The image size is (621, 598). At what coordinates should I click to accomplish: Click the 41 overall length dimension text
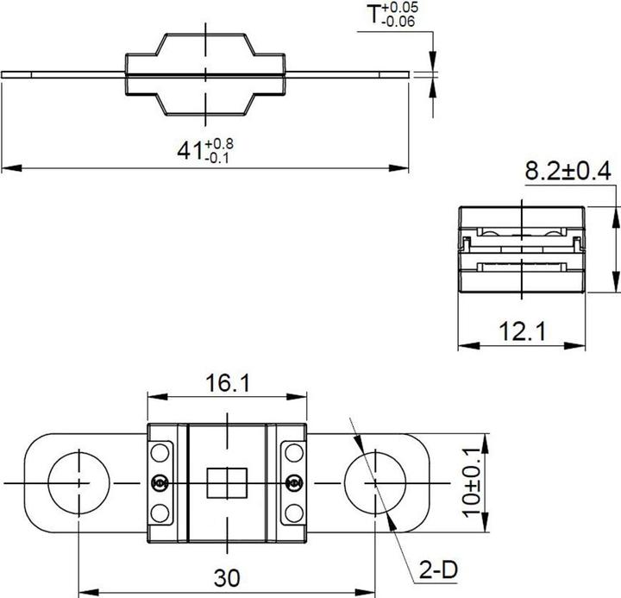[x=204, y=148]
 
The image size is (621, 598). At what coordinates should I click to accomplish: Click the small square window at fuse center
[x=227, y=482]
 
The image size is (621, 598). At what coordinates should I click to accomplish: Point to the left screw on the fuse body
[x=160, y=482]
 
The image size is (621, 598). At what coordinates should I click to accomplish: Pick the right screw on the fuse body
[x=295, y=482]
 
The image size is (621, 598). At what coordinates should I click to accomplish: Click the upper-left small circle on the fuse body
[x=160, y=451]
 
